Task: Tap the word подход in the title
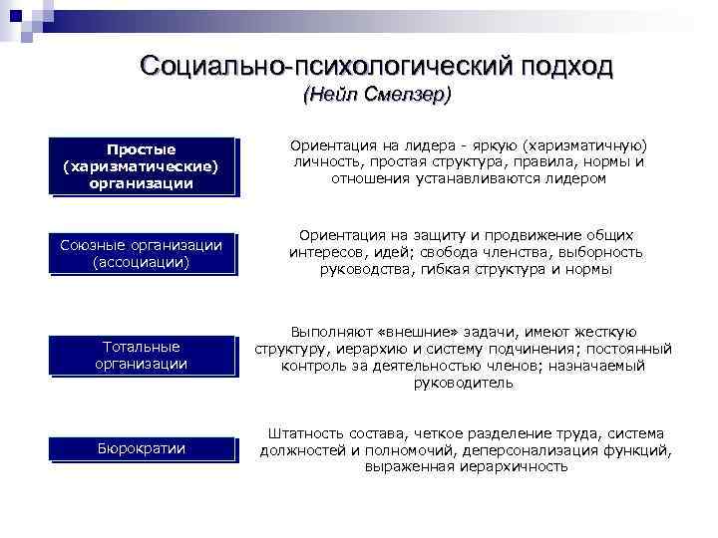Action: [x=564, y=66]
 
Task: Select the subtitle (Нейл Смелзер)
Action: [x=377, y=96]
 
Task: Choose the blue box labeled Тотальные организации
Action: [x=140, y=355]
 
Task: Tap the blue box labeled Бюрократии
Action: [x=140, y=448]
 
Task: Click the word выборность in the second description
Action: [x=604, y=252]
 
